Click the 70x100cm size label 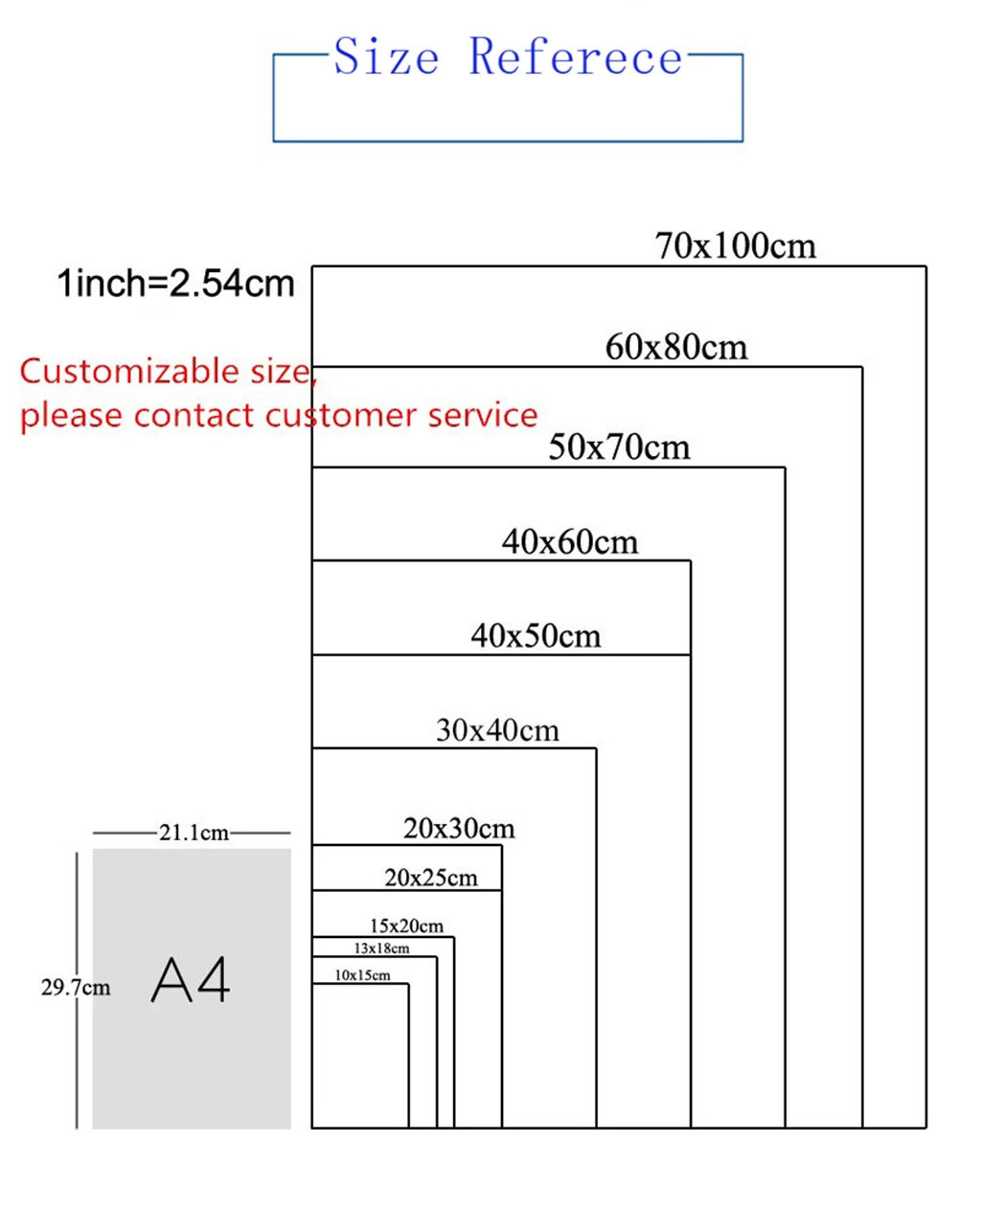tap(736, 246)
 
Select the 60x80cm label tap(676, 347)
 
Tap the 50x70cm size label tap(619, 447)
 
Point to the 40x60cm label tap(570, 542)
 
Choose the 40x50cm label tap(536, 636)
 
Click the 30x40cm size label tap(497, 731)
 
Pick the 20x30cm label tap(459, 829)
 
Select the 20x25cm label tap(431, 878)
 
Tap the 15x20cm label tap(406, 926)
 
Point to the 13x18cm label tap(381, 949)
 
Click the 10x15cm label tap(362, 975)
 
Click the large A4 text tap(192, 981)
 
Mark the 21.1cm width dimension tap(194, 833)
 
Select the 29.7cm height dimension tap(75, 987)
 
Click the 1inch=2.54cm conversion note tap(176, 284)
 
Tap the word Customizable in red tap(122, 372)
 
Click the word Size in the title tap(386, 57)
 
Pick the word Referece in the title tap(576, 57)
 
